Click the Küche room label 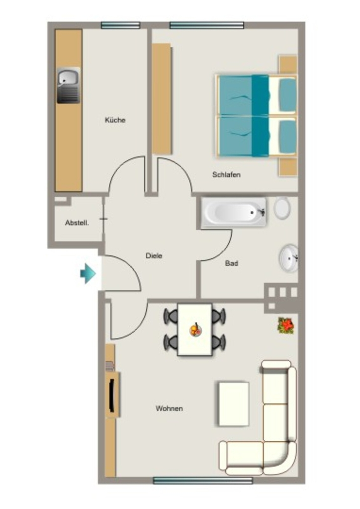tap(115, 120)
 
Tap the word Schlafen tap(226, 174)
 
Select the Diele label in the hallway tap(154, 255)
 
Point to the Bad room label tap(231, 263)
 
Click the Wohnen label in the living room tap(169, 409)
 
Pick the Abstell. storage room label tap(77, 223)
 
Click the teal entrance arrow tap(88, 273)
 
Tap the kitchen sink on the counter tap(69, 85)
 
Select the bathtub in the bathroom tap(233, 212)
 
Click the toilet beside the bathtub tap(282, 208)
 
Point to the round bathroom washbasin tap(288, 258)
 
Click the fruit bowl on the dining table tap(195, 330)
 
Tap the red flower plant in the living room tap(286, 325)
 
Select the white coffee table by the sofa tap(234, 404)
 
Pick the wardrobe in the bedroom tap(162, 99)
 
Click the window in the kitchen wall tap(120, 25)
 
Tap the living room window tap(202, 481)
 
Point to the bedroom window tap(207, 25)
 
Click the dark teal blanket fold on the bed tap(260, 115)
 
